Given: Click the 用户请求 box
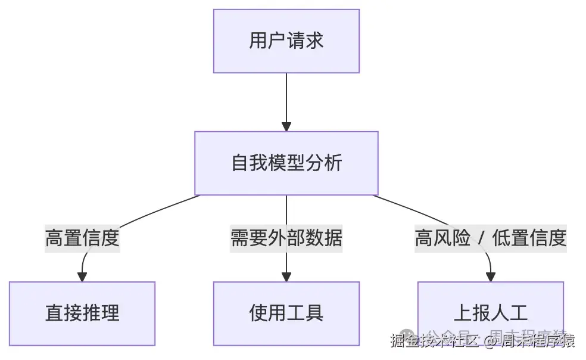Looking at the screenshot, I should click(x=286, y=41).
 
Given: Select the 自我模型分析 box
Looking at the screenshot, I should click(x=286, y=163).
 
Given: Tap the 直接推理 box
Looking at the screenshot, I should click(x=82, y=313).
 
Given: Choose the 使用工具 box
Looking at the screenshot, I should click(x=286, y=313).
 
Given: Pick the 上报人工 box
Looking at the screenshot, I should click(x=490, y=313).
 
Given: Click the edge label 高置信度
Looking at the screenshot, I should click(x=82, y=238).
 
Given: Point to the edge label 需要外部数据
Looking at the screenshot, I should click(x=286, y=238).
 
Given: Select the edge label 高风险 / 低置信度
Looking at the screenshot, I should click(x=490, y=238).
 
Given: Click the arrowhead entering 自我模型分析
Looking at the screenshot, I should click(x=286, y=126).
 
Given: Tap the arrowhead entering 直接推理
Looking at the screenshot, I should click(x=82, y=277).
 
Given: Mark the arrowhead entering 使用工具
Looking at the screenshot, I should click(x=286, y=277).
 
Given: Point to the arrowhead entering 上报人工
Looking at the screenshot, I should click(x=491, y=277).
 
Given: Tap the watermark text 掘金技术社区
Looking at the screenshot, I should click(x=435, y=342).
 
